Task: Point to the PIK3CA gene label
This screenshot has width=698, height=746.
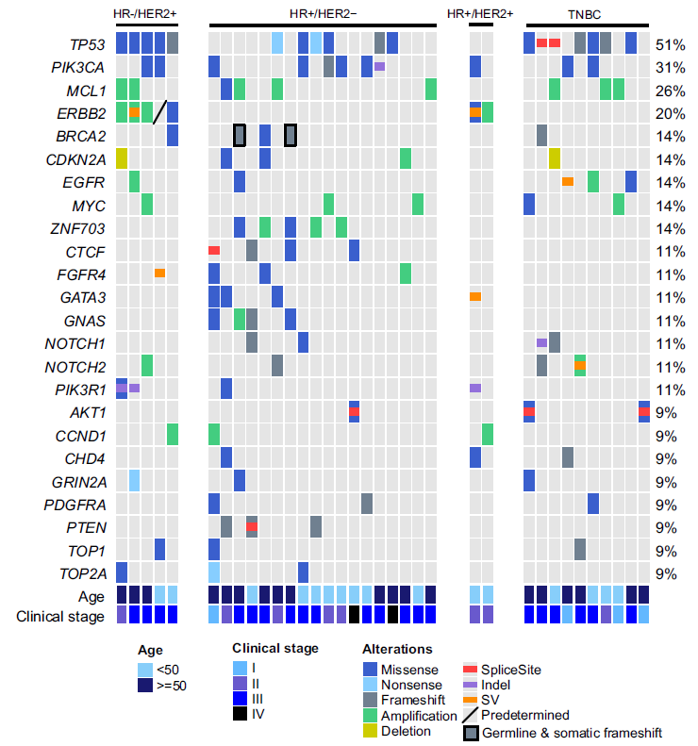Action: [78, 68]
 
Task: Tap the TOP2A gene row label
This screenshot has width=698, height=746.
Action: [83, 573]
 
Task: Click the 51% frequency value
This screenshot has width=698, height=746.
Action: [671, 45]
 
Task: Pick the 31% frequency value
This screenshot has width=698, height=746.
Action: [671, 68]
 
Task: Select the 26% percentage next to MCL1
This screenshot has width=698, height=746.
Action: [671, 91]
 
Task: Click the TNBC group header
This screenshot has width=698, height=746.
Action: [586, 14]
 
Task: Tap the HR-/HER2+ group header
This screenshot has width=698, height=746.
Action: [145, 14]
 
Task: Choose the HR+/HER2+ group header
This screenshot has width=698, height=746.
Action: [480, 14]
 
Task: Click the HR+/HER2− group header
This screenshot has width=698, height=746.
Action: [323, 14]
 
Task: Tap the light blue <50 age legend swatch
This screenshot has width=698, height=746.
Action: [144, 670]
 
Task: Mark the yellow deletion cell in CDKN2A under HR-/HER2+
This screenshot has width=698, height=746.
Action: [122, 159]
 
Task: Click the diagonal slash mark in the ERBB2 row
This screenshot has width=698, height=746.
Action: [159, 113]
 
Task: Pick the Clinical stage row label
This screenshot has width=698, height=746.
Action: [61, 618]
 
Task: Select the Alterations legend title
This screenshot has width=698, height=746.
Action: [397, 649]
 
